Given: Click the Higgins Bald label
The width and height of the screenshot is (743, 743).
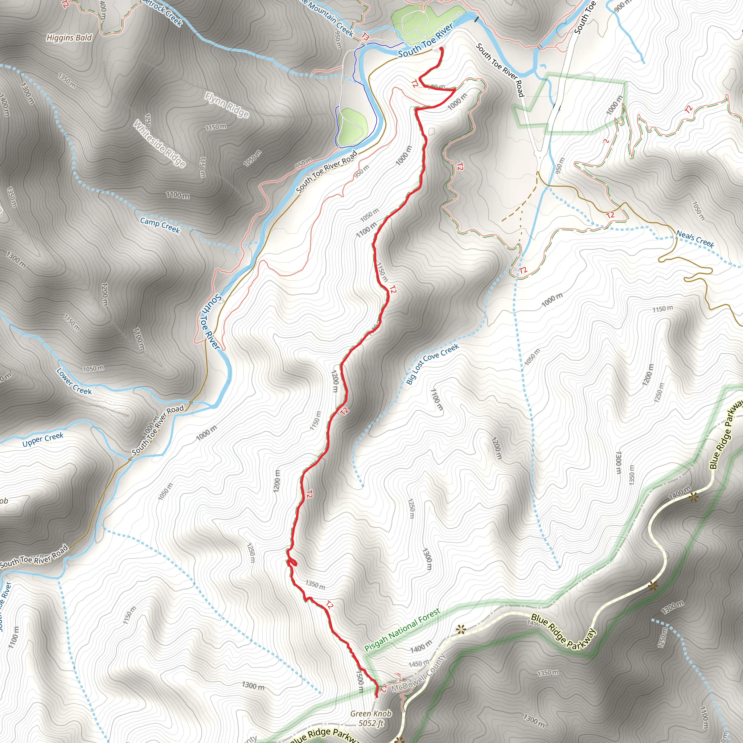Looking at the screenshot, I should click(69, 38).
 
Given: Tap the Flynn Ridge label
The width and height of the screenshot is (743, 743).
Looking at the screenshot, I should click(227, 104).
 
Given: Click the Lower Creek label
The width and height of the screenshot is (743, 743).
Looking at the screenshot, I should click(74, 382).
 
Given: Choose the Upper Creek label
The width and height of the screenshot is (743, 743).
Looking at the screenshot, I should click(43, 440).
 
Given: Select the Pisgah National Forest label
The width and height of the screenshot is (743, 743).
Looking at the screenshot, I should click(402, 630).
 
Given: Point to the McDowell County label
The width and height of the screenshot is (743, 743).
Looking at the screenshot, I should click(418, 673).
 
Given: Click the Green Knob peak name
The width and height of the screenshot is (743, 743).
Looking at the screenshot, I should click(371, 714).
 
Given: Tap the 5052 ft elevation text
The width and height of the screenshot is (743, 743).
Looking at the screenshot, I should click(371, 723).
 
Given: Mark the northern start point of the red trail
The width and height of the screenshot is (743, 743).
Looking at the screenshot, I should click(442, 48).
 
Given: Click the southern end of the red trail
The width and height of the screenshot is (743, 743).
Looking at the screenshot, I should click(376, 696).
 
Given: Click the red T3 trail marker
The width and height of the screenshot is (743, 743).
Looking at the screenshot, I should click(365, 37).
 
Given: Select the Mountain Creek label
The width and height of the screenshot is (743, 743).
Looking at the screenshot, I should click(330, 19).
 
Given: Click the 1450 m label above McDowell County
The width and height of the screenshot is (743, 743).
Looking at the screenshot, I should click(418, 664).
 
